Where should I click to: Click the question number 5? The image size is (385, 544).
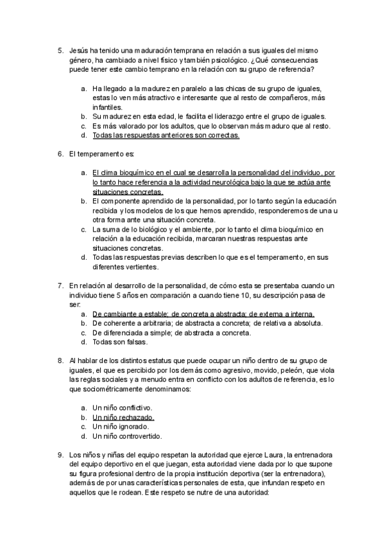tap(60, 50)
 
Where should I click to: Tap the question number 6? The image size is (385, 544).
tap(60, 155)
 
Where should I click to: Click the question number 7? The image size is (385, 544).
tap(60, 285)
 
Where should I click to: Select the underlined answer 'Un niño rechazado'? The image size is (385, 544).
tap(124, 417)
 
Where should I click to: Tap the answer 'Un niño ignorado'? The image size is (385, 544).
tap(121, 427)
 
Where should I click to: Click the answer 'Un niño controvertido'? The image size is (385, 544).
tap(127, 436)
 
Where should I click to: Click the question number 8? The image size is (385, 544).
tap(60, 361)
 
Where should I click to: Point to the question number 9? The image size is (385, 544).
tap(60, 455)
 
